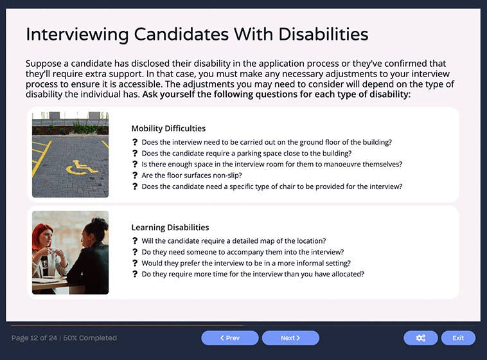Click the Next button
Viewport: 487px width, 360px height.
click(290, 338)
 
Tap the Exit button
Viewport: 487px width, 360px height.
click(457, 338)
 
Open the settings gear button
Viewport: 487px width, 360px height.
click(420, 338)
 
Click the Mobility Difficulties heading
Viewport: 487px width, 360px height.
click(168, 129)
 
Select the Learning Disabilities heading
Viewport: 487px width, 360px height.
click(170, 228)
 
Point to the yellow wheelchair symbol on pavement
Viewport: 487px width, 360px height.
click(82, 167)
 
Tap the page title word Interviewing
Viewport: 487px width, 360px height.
click(78, 34)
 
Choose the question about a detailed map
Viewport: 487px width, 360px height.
click(233, 241)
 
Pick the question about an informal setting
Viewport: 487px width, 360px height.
click(246, 263)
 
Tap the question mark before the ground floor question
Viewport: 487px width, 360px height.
click(135, 143)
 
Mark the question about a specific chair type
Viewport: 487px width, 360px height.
click(272, 186)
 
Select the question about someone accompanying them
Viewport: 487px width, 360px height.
click(242, 252)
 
